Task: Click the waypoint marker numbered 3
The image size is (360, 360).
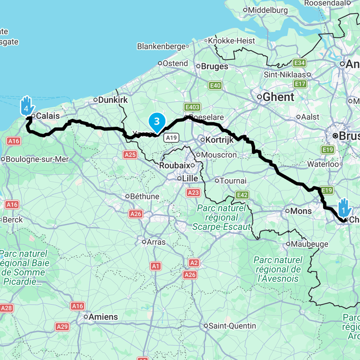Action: (157, 121)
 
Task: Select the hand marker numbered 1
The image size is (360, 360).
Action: (344, 207)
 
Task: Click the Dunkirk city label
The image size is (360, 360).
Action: (113, 100)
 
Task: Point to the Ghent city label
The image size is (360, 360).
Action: (278, 97)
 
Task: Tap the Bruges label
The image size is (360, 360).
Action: (214, 66)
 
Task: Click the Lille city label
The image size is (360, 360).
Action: (190, 179)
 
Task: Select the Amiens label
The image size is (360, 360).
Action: (103, 317)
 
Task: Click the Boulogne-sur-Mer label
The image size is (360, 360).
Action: (34, 159)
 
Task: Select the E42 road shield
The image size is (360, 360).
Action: (242, 195)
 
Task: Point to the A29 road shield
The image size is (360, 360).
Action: (62, 326)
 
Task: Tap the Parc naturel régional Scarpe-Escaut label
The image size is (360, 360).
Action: (221, 218)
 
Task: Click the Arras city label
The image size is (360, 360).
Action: (156, 242)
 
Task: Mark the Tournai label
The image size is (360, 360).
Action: (233, 180)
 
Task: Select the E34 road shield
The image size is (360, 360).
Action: (299, 63)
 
